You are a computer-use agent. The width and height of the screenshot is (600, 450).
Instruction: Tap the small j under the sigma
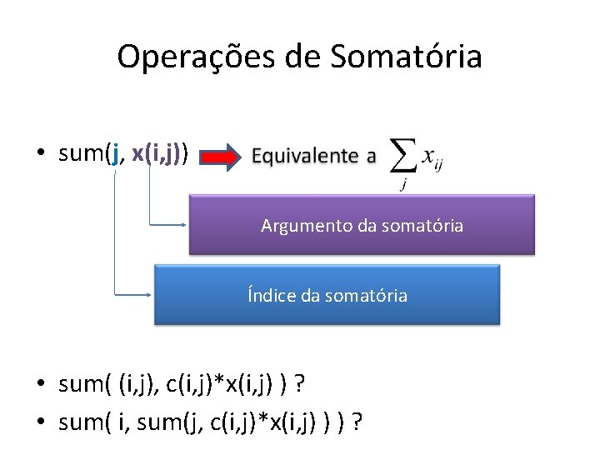(x=403, y=185)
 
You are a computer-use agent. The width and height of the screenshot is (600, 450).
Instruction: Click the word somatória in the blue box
(x=367, y=295)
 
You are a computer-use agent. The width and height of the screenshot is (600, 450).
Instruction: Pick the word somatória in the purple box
(x=422, y=226)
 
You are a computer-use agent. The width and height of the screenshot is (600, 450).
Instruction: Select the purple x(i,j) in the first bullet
(x=157, y=154)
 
